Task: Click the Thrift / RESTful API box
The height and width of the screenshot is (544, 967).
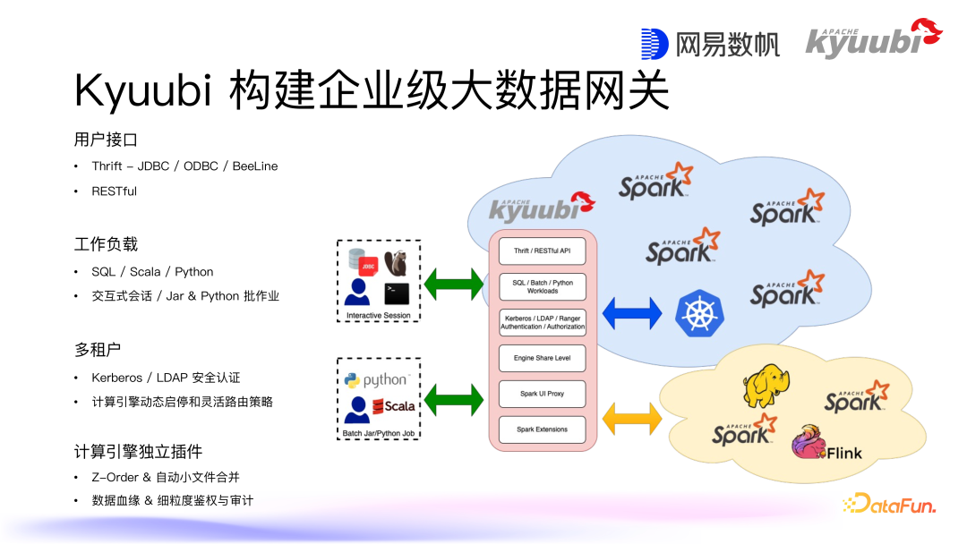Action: (x=542, y=251)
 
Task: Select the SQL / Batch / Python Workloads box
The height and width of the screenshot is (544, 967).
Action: (x=542, y=286)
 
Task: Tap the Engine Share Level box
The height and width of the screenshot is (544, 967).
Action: (x=542, y=358)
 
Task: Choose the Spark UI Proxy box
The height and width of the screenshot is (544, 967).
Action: (x=542, y=394)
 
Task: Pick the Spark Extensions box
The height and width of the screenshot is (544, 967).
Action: (x=542, y=429)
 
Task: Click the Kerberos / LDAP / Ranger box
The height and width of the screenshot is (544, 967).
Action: (x=542, y=322)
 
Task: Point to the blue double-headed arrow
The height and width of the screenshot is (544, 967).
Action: (x=632, y=313)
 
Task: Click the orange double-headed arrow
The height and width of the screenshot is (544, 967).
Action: (x=632, y=417)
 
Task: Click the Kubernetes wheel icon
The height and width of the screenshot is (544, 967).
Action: (x=699, y=313)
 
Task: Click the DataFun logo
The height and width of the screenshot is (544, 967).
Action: (x=888, y=505)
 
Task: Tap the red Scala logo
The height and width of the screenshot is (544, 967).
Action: (x=394, y=406)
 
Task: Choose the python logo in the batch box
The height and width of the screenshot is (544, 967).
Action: (x=377, y=380)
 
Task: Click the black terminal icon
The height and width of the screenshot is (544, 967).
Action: (x=397, y=293)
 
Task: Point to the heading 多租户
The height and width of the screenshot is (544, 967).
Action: (x=99, y=349)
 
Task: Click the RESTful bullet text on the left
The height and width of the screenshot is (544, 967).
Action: (x=114, y=191)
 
